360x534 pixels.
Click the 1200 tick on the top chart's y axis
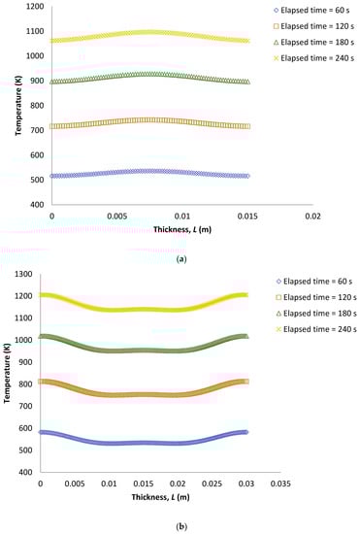point(34,7)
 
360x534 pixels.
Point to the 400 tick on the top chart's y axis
point(36,205)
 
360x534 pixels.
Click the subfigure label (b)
point(180,521)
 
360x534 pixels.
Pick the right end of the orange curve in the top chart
point(246,126)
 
